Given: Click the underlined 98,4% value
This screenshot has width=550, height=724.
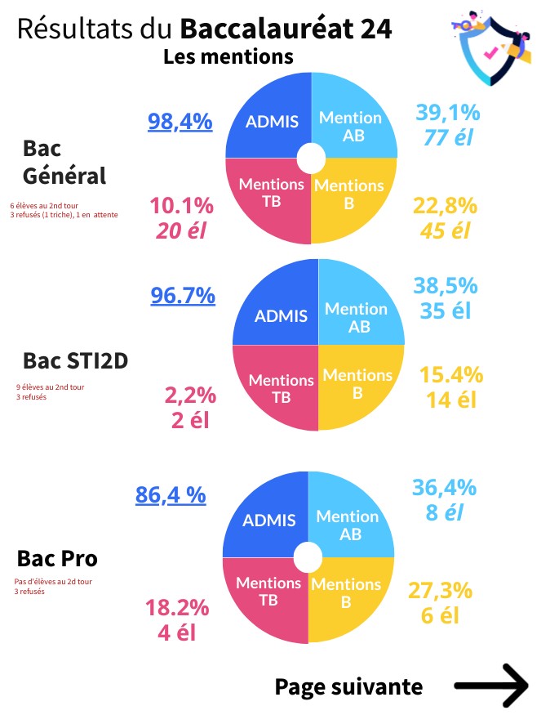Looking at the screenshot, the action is pyautogui.click(x=180, y=122).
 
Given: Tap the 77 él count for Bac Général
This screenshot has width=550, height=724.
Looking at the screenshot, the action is pyautogui.click(x=448, y=137).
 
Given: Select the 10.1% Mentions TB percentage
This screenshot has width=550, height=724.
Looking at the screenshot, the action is pyautogui.click(x=182, y=205).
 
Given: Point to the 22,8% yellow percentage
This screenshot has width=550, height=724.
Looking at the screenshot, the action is pyautogui.click(x=445, y=205).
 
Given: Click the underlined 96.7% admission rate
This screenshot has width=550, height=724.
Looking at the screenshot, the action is pyautogui.click(x=183, y=295).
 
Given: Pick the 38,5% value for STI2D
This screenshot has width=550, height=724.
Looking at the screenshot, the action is pyautogui.click(x=446, y=285).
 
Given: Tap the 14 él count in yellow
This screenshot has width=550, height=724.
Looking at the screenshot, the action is pyautogui.click(x=451, y=400).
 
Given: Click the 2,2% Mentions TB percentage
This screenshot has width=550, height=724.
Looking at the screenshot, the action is pyautogui.click(x=190, y=396).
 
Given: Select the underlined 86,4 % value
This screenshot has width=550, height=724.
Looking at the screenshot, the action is pyautogui.click(x=171, y=495).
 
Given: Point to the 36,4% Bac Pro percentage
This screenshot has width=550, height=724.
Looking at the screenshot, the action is pyautogui.click(x=444, y=487).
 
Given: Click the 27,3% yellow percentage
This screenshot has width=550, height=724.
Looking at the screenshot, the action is pyautogui.click(x=441, y=590).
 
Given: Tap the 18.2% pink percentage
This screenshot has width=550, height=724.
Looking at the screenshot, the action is pyautogui.click(x=177, y=608).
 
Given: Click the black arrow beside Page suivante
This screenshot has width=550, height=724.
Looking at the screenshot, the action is pyautogui.click(x=491, y=686).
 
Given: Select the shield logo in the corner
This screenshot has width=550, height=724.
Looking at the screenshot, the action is pyautogui.click(x=491, y=47).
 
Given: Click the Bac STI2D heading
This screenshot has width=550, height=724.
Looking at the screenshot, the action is pyautogui.click(x=76, y=360).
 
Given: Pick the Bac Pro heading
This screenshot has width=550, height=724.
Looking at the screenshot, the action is pyautogui.click(x=57, y=558).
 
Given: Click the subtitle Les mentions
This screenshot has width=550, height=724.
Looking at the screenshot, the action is pyautogui.click(x=228, y=57).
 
